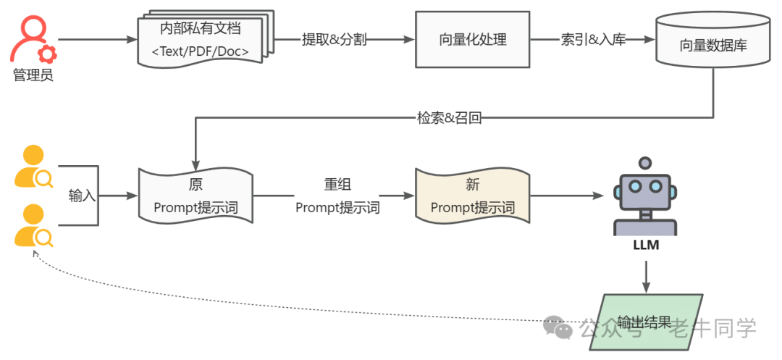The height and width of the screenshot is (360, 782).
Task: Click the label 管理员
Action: click(x=33, y=75)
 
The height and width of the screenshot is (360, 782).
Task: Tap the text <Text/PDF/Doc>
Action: click(x=200, y=51)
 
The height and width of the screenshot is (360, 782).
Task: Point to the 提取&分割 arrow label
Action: click(x=334, y=39)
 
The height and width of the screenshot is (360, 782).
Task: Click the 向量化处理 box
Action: click(x=473, y=39)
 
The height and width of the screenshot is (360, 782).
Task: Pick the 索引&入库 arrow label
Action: click(x=593, y=39)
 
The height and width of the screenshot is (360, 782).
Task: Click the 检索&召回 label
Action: click(x=449, y=118)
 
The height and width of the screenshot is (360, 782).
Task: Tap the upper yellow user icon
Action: click(x=33, y=167)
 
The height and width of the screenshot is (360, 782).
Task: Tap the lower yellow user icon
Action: click(x=33, y=225)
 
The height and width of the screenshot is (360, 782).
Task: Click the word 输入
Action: click(x=82, y=196)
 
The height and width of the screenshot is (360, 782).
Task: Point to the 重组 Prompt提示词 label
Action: click(x=337, y=196)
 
